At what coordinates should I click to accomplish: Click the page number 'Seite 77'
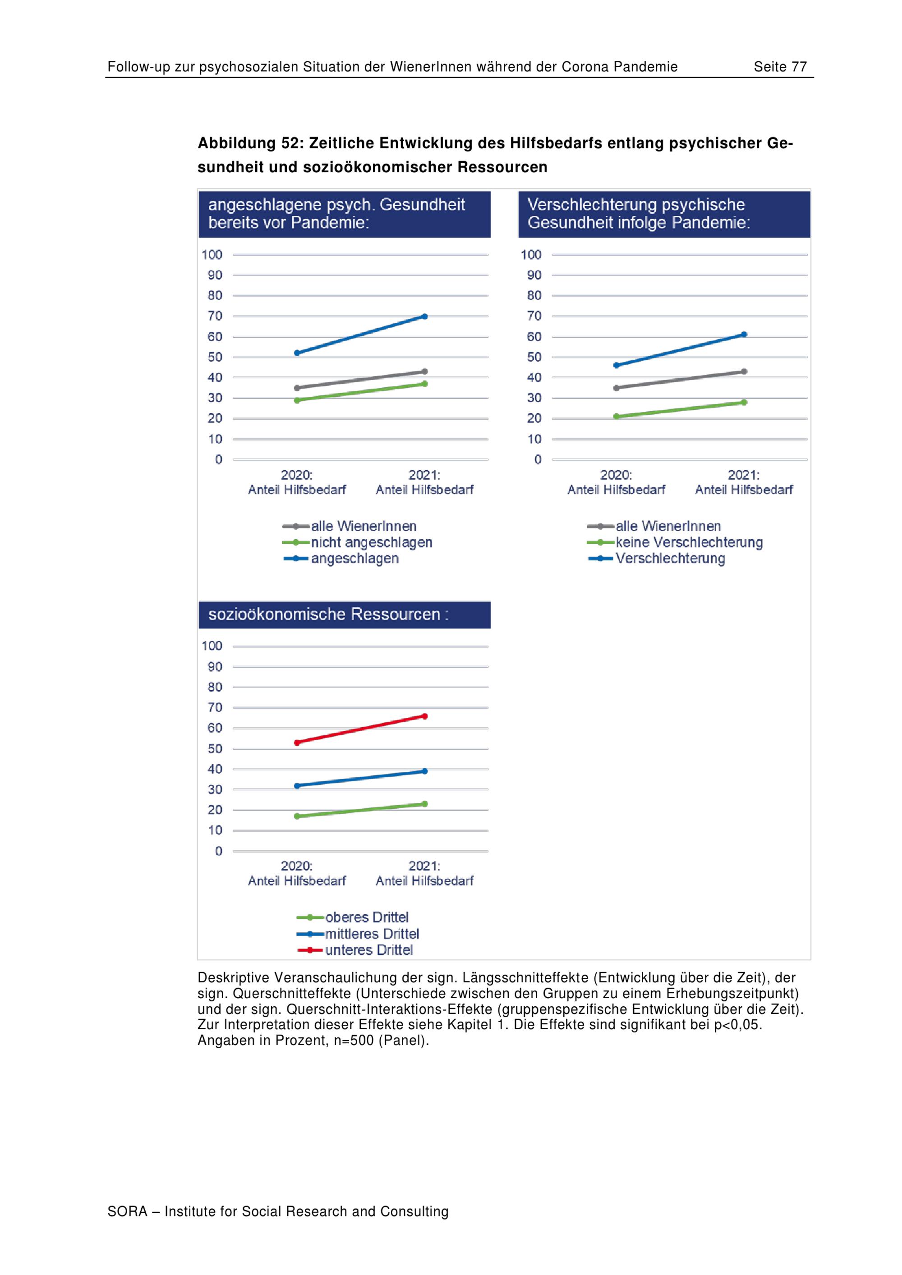tap(780, 67)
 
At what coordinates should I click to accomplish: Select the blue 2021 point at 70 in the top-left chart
tap(425, 316)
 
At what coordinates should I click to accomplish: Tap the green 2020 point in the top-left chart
tap(297, 400)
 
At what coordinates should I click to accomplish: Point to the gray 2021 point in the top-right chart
tap(744, 371)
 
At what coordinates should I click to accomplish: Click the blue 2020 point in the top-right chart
tap(616, 365)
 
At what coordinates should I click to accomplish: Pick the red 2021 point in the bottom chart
tap(425, 716)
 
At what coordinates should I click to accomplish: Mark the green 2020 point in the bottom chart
tap(297, 816)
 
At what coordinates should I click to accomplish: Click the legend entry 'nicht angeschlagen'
tap(371, 542)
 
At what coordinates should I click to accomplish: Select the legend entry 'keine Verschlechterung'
tap(689, 542)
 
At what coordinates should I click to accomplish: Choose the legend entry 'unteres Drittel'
tap(369, 950)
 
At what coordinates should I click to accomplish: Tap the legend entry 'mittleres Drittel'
tap(372, 934)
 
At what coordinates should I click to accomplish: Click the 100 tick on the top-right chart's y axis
tap(531, 255)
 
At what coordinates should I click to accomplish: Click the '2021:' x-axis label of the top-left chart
tap(424, 475)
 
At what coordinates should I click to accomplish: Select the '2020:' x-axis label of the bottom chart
tap(297, 866)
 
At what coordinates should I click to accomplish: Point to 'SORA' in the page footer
tap(127, 1212)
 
